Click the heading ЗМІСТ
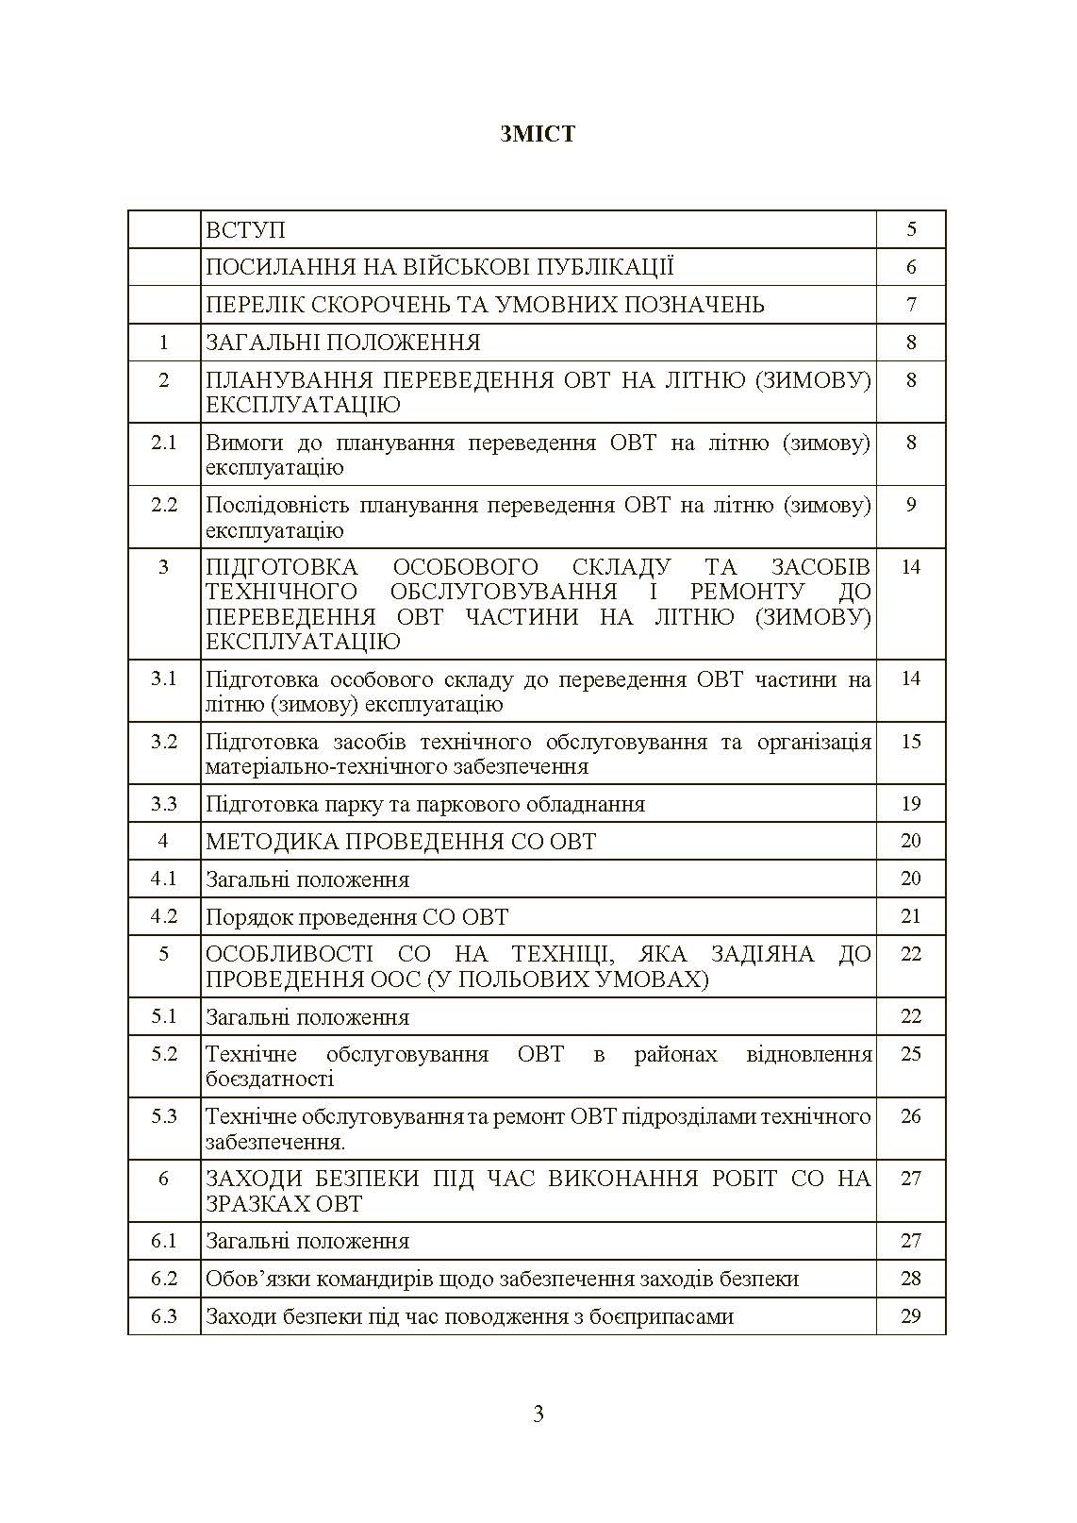[538, 134]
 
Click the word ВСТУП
[245, 230]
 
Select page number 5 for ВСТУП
[910, 229]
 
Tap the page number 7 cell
[910, 305]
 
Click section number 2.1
[164, 443]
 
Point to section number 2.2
[164, 505]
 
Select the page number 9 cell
[910, 505]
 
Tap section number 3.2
[164, 742]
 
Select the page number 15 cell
[910, 742]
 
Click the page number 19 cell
[910, 804]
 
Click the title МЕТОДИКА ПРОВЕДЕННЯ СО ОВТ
[401, 842]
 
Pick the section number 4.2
[164, 916]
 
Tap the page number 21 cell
[910, 916]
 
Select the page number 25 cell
[910, 1054]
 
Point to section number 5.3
[164, 1116]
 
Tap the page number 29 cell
[910, 1316]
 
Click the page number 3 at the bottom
[538, 1414]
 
